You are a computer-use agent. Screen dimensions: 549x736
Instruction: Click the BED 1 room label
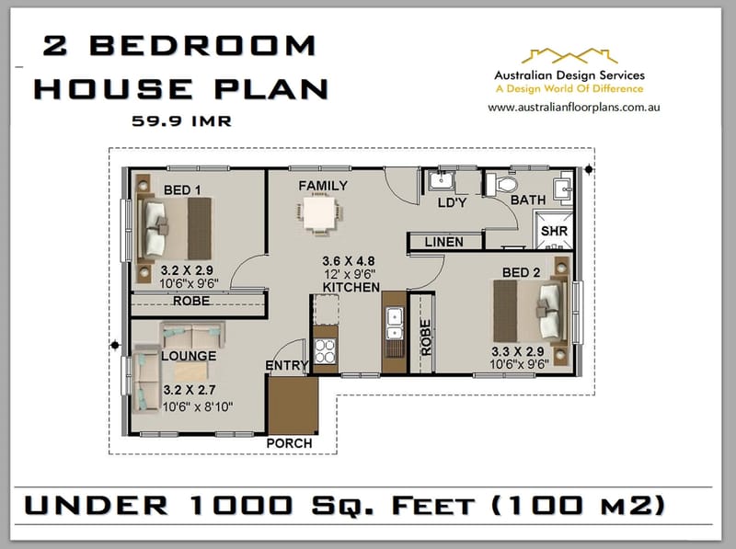click(182, 190)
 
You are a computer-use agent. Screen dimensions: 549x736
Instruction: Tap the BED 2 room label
click(522, 272)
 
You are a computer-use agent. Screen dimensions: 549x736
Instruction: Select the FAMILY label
click(323, 186)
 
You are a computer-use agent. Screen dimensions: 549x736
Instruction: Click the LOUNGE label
click(188, 356)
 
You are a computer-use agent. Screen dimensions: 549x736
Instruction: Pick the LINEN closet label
click(445, 242)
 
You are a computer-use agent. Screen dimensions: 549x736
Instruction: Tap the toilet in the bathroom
click(503, 185)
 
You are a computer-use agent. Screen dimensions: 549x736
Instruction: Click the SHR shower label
click(553, 231)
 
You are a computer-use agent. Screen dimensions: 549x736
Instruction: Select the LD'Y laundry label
click(452, 202)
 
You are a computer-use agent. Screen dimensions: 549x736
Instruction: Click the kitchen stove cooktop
click(325, 350)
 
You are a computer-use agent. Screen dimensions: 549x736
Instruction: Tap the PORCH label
click(289, 443)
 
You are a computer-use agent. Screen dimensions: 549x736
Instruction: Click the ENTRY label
click(286, 366)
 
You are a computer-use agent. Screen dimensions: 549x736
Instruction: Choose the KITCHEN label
click(351, 287)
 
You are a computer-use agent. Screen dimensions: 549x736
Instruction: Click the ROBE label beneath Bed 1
click(190, 301)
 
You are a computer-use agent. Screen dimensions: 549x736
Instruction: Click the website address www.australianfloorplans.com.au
click(576, 107)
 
